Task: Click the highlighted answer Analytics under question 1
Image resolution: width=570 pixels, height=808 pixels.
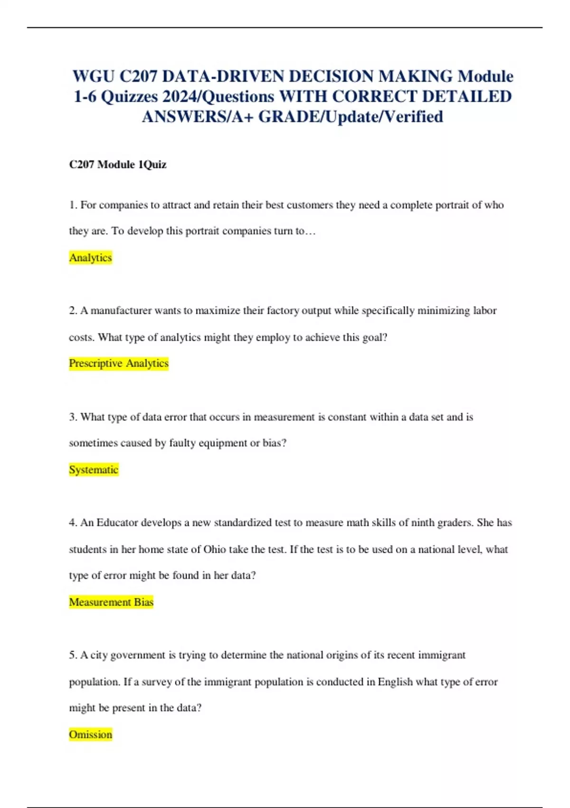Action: tap(90, 258)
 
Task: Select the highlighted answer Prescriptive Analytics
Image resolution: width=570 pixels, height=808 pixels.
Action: tap(119, 363)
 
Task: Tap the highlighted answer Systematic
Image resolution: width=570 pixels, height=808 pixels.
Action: tap(94, 470)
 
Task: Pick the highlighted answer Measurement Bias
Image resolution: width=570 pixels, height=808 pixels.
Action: tap(111, 602)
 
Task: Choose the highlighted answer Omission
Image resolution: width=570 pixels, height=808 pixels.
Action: tap(90, 734)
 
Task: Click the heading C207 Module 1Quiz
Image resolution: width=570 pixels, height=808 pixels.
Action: tap(118, 164)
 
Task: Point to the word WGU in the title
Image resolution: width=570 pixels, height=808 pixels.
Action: tap(93, 77)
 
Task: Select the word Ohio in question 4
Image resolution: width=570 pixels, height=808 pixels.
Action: tap(215, 549)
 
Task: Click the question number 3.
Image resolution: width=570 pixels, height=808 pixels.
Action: tap(73, 417)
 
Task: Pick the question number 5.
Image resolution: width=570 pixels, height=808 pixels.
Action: tap(73, 655)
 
